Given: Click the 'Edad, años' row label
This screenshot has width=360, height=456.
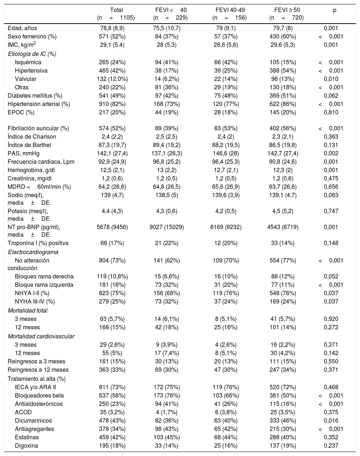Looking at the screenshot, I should coord(22,28).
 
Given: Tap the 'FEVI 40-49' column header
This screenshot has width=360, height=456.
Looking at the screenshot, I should coord(229,10).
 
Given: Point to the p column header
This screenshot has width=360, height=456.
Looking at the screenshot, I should coord(335,11).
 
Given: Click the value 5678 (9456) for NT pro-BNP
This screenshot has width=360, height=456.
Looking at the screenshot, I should coord(112,227).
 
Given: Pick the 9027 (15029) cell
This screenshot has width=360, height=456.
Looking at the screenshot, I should coord(167,227).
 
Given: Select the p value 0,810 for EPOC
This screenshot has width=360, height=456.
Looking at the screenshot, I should coord(331,112).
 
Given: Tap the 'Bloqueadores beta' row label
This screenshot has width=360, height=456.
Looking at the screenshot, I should coord(37,396).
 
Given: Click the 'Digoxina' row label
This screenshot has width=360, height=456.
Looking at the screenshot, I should coord(26,446).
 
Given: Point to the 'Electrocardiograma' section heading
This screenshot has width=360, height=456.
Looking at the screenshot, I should coord(33,252).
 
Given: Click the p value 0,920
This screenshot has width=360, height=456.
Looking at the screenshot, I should coord(331,319).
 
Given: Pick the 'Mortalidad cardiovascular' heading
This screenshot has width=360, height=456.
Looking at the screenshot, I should coord(41,336).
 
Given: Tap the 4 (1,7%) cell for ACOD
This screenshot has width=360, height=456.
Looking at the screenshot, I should coord(167,412).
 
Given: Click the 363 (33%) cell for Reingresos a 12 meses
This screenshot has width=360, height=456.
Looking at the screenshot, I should coord(112,370).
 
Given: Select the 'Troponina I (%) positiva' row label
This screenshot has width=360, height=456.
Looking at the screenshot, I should coord(38,243).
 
